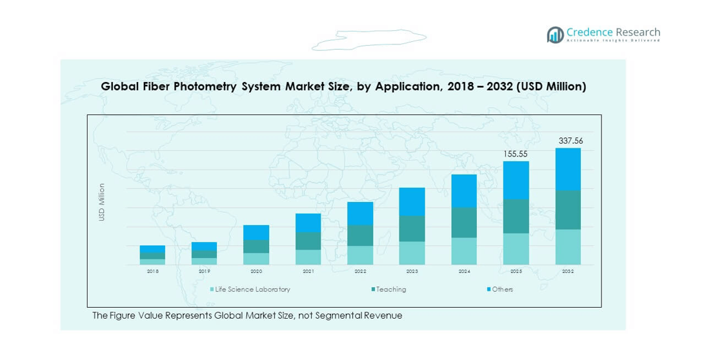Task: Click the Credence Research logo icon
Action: pos(555,35)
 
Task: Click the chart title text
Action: pos(343,86)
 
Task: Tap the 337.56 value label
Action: pos(570,141)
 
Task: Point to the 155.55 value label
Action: pos(516,154)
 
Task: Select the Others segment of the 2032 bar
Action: pos(568,169)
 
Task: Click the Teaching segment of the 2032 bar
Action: pos(568,210)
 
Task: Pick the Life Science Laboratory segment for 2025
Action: pos(516,248)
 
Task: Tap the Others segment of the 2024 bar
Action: pos(464,191)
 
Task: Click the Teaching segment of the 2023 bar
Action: pos(412,228)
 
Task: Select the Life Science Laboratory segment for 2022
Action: pos(360,255)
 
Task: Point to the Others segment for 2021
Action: pos(308,223)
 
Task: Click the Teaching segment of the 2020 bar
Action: pos(256,246)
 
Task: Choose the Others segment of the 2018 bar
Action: pos(152,249)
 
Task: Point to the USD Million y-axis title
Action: pos(101,202)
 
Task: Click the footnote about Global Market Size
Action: pos(247,315)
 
